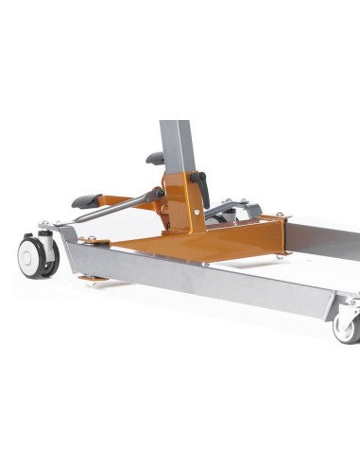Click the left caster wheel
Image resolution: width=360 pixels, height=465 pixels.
(35, 256)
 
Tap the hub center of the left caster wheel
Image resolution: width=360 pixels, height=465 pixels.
(34, 257)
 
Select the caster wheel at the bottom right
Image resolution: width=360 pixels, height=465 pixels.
(346, 325)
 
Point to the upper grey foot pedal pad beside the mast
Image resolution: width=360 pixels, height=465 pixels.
(154, 158)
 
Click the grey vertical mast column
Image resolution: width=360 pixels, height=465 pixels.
(176, 142)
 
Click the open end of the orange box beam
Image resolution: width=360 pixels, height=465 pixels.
(276, 234)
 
